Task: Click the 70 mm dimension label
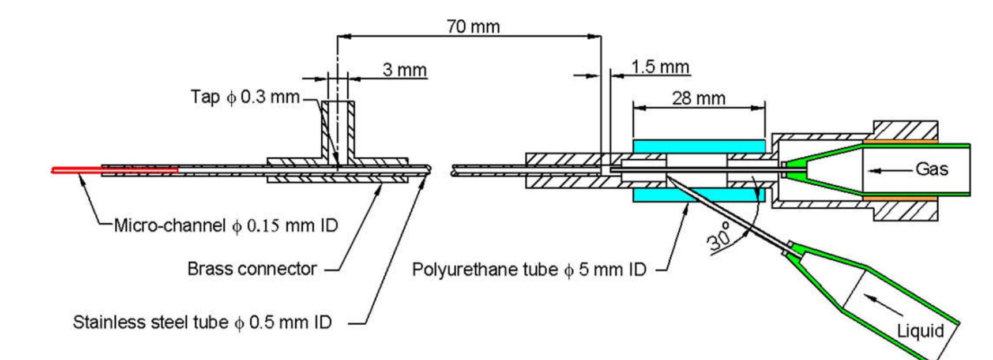473,27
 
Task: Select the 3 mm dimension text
405,70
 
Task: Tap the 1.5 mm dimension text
660,67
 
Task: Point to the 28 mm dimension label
698,99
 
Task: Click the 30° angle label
720,236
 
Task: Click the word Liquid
920,331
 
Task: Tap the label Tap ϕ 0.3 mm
245,97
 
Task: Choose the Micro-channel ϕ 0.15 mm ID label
225,225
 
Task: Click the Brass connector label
252,269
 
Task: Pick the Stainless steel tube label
202,322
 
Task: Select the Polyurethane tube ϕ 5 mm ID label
529,269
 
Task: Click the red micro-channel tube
115,170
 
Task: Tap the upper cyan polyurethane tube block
698,147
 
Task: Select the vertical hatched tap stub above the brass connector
337,133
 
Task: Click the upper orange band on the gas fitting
900,141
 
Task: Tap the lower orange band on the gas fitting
900,198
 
